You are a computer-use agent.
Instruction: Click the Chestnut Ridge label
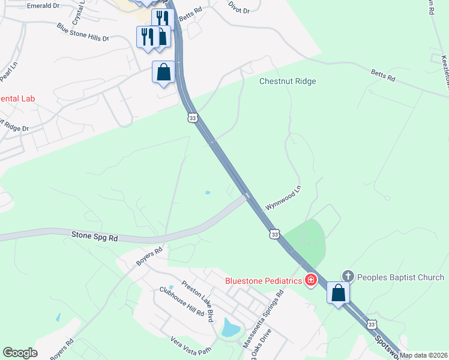pos(288,81)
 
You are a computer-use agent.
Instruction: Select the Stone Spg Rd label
pos(95,238)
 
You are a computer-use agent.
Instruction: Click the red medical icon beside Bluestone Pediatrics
pos(311,280)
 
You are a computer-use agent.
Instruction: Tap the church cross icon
pos(348,277)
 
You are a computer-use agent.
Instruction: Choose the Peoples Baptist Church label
pos(400,277)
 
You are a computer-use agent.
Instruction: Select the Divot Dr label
pos(238,7)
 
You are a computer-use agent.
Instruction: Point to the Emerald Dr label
pos(43,5)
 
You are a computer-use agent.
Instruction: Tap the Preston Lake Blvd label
pos(198,302)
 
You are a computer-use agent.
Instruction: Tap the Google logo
pos(20,353)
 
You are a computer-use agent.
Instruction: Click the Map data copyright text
pos(424,355)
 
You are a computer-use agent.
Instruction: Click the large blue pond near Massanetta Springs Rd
pos(231,328)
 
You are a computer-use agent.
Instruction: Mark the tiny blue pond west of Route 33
pos(208,193)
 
